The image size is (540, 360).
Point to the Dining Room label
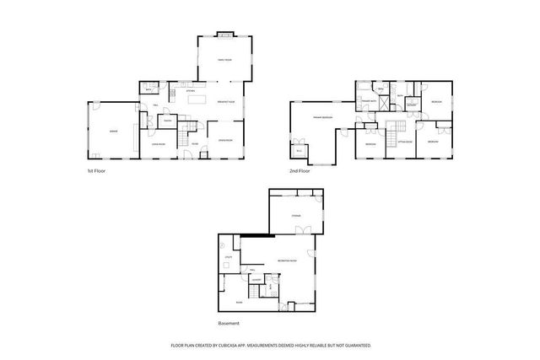click(x=225, y=140)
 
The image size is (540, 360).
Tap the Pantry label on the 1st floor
click(x=168, y=121)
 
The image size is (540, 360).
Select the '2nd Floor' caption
click(x=300, y=171)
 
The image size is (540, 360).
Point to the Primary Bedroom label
click(x=321, y=116)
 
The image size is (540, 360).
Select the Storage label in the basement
click(x=296, y=217)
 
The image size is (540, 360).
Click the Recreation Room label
click(x=286, y=261)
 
